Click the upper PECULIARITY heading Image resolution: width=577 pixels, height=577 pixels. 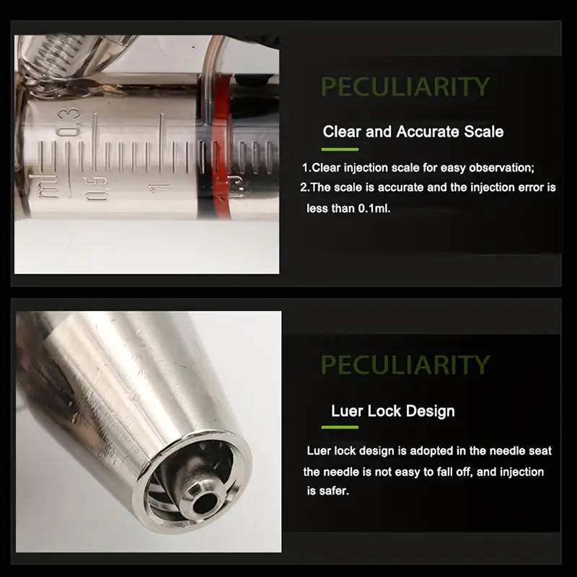[x=405, y=86]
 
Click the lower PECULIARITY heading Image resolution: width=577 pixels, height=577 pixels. [x=405, y=364]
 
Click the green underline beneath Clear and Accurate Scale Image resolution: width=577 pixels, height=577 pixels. [x=340, y=149]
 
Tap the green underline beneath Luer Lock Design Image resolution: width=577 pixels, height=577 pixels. [x=340, y=427]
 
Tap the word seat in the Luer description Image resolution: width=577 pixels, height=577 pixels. [x=540, y=451]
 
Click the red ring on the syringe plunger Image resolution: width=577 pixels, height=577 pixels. [x=221, y=147]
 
